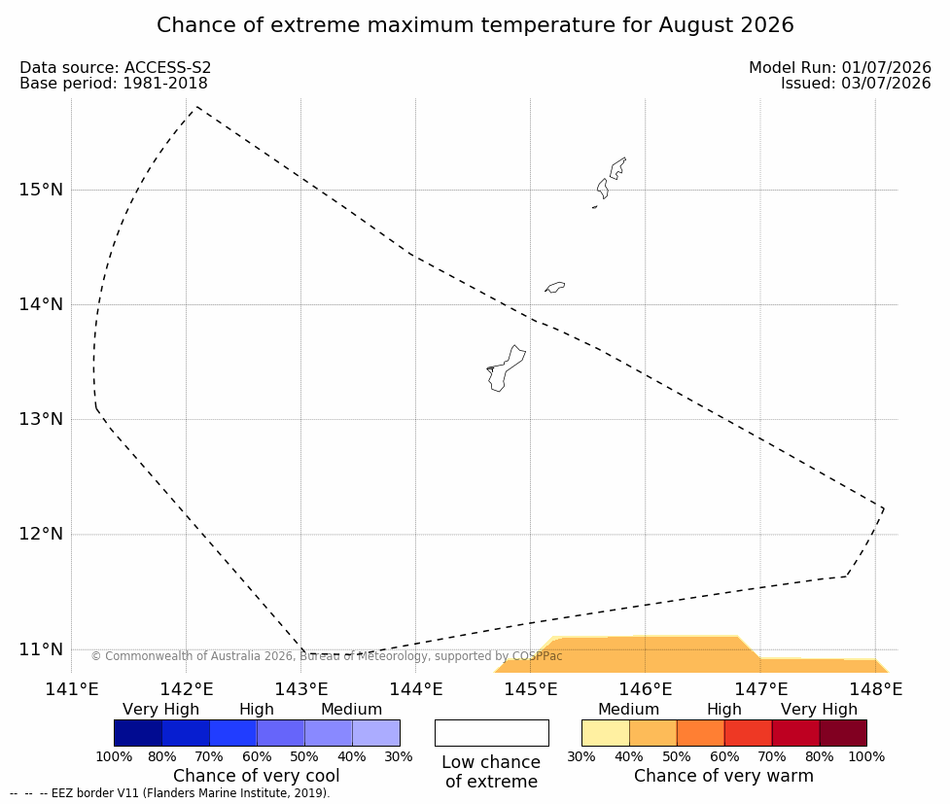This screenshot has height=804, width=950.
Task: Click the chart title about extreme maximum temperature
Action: pyautogui.click(x=475, y=25)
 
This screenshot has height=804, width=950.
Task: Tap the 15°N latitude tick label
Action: pyautogui.click(x=41, y=190)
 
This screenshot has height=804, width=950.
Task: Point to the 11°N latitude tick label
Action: pyautogui.click(x=41, y=649)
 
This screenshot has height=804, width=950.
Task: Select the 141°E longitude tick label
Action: pyautogui.click(x=72, y=689)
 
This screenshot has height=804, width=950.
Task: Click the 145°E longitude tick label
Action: pyautogui.click(x=531, y=689)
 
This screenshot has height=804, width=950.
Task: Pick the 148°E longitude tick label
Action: pyautogui.click(x=875, y=689)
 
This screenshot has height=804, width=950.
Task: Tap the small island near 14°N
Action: pyautogui.click(x=555, y=287)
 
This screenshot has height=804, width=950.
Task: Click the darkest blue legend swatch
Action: pyautogui.click(x=138, y=733)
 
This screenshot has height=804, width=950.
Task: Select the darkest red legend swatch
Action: pyautogui.click(x=843, y=733)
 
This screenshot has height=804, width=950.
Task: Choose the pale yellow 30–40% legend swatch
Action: pyautogui.click(x=605, y=733)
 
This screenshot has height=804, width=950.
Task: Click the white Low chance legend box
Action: pyautogui.click(x=492, y=733)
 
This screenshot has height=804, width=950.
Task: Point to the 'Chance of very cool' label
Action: pyautogui.click(x=257, y=776)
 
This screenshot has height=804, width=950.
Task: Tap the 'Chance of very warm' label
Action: pyautogui.click(x=723, y=776)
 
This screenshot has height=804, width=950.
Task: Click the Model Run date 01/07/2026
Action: pyautogui.click(x=887, y=67)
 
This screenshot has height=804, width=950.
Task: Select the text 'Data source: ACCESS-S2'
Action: pyautogui.click(x=115, y=67)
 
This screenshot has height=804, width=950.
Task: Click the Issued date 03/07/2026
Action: pyautogui.click(x=887, y=83)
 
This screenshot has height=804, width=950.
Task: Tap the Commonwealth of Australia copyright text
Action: pyautogui.click(x=327, y=656)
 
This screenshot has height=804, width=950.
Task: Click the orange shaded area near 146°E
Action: pyautogui.click(x=646, y=655)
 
